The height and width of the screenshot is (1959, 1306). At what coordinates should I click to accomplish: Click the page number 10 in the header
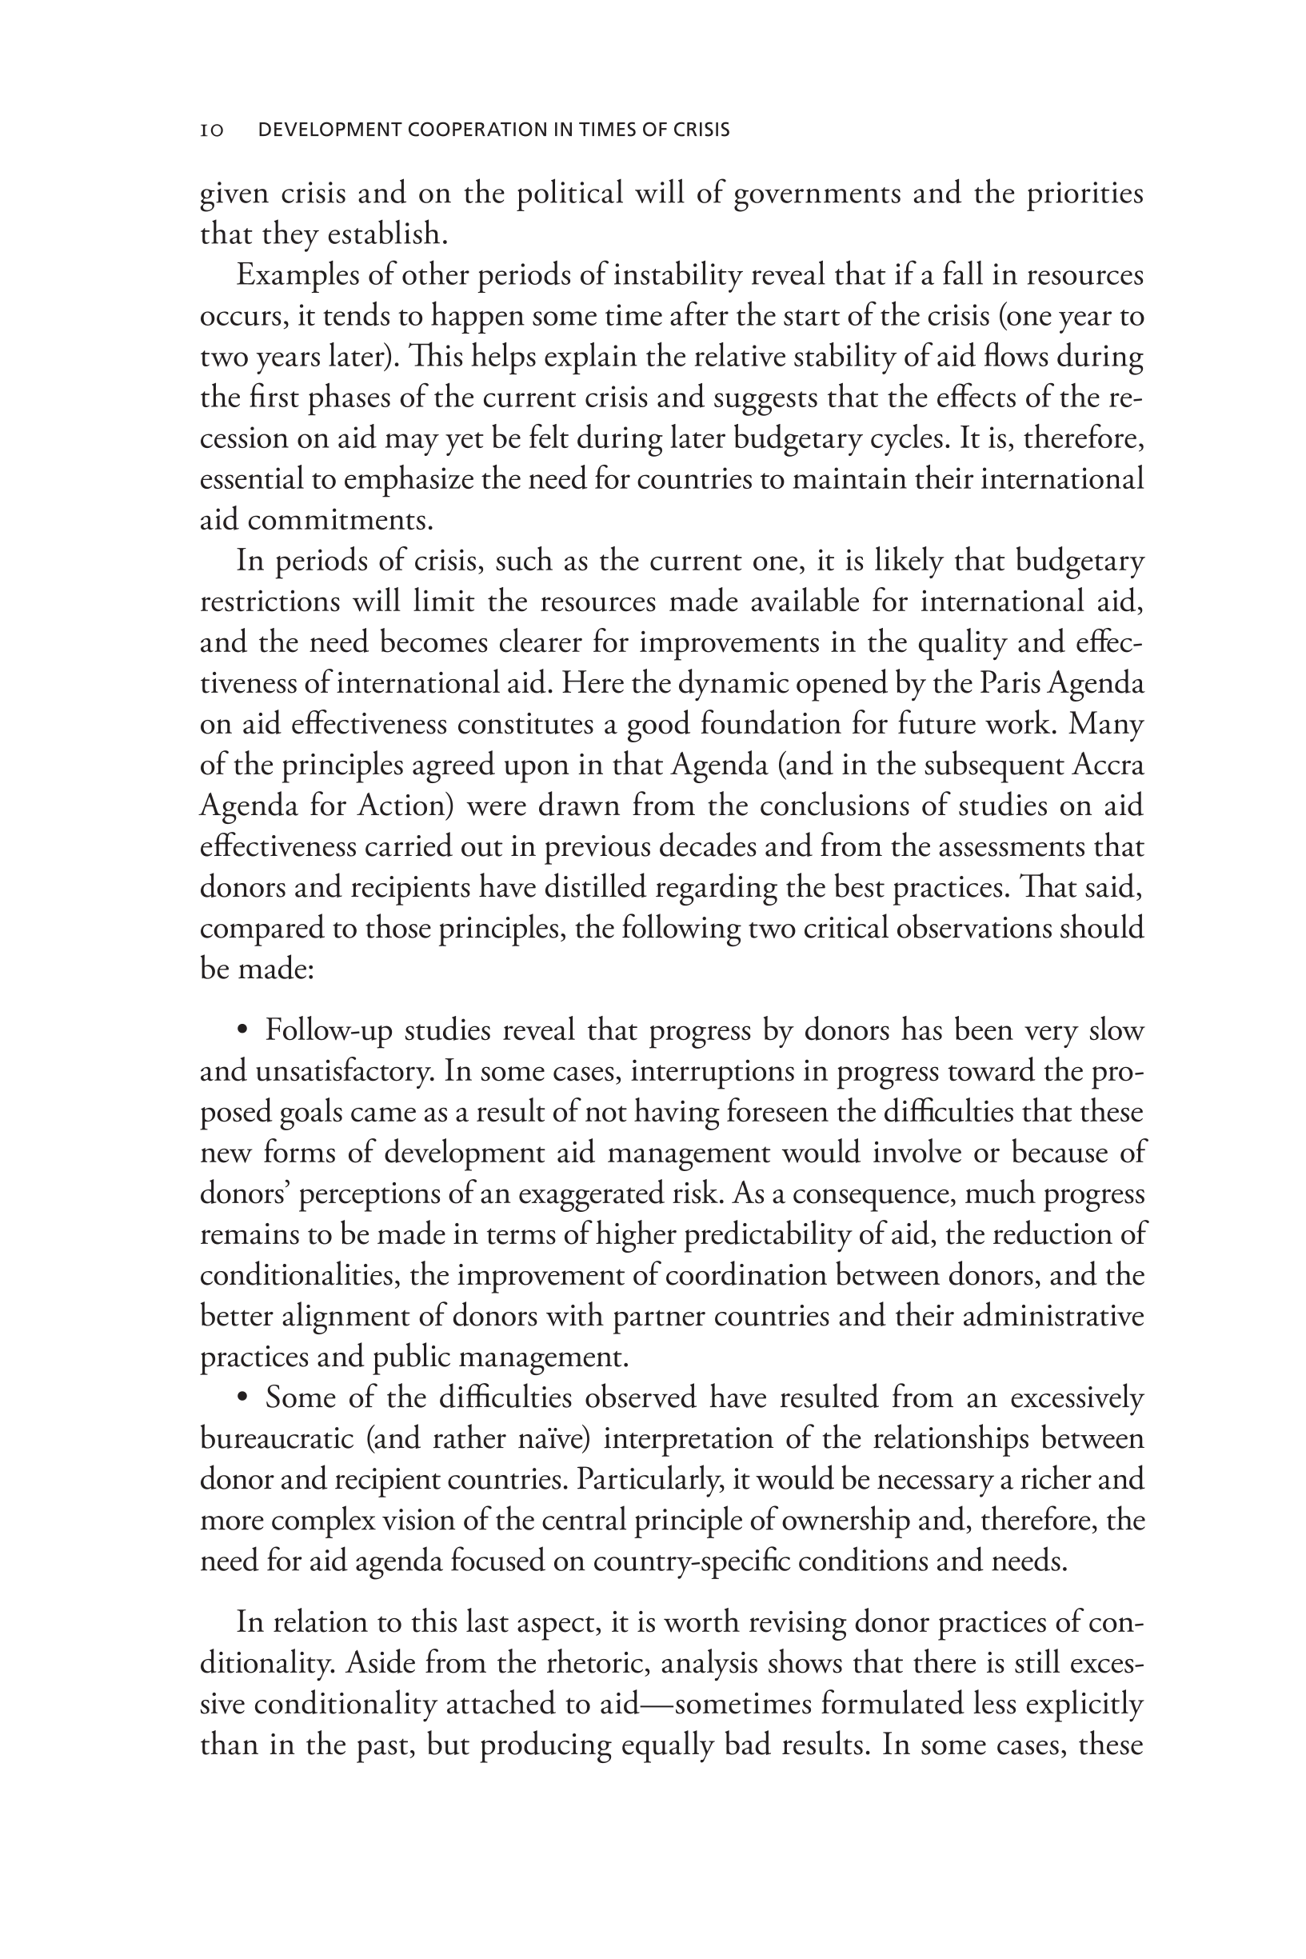coord(212,130)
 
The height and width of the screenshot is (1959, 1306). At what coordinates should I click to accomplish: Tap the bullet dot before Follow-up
coord(242,1031)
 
